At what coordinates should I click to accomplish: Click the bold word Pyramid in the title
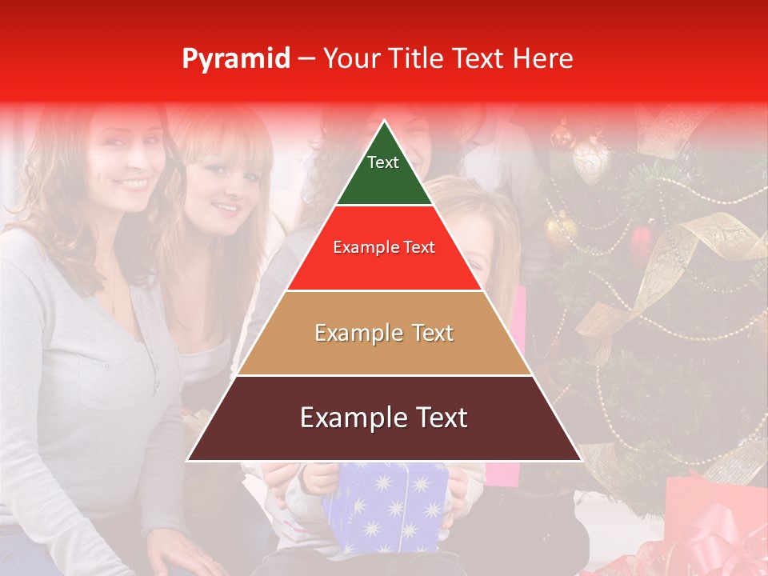click(235, 58)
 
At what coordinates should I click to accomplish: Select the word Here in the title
click(543, 58)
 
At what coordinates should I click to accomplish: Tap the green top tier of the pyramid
click(384, 180)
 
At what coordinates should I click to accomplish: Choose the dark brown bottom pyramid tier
click(384, 436)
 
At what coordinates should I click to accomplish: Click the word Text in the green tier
click(382, 162)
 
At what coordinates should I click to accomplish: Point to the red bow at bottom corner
click(712, 544)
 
